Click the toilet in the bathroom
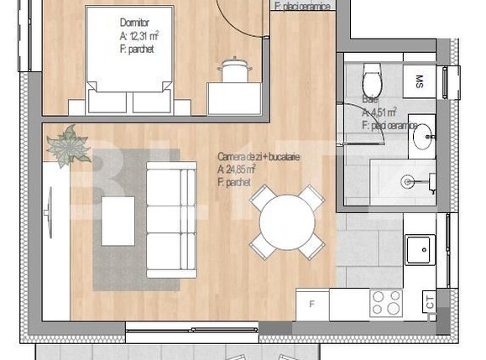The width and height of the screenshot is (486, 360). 369,81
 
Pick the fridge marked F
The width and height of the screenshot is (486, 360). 311,303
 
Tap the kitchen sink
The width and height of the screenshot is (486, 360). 420,249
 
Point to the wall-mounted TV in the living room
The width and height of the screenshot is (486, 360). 52,211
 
